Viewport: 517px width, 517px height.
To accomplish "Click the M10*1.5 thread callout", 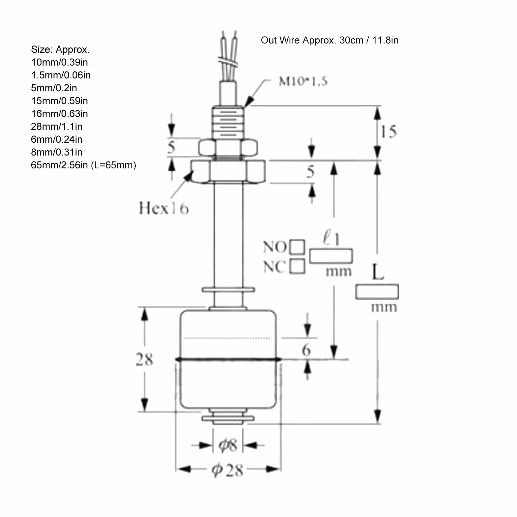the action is click(303, 81).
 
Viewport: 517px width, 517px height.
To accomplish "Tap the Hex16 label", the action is click(164, 208).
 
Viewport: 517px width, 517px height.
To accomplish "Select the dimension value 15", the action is click(389, 131).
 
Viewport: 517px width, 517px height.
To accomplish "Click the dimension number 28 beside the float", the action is click(144, 359).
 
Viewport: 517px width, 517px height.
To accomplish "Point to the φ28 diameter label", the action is click(227, 470).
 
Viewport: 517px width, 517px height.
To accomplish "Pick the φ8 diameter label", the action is click(228, 445).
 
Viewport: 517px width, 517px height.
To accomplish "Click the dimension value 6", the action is click(306, 350).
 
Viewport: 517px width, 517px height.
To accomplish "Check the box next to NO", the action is click(297, 247).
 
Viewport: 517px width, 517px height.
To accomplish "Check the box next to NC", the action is click(297, 266).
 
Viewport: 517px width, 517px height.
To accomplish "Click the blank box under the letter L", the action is click(377, 292).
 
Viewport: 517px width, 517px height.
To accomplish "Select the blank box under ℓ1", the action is click(331, 256).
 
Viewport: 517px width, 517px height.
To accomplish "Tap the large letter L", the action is click(378, 272).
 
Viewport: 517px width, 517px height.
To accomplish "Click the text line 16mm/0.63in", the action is click(60, 114).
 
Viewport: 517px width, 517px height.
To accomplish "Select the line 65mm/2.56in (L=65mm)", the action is click(84, 165).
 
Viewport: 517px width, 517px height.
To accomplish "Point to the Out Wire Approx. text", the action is click(330, 40).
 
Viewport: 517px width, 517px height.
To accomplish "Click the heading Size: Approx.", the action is click(60, 50).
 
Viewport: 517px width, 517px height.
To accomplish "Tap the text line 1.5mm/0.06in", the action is click(61, 75).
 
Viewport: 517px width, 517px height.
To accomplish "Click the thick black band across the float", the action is click(228, 359).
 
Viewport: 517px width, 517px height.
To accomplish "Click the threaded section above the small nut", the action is click(228, 123).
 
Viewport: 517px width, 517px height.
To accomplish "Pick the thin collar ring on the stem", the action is click(228, 290).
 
